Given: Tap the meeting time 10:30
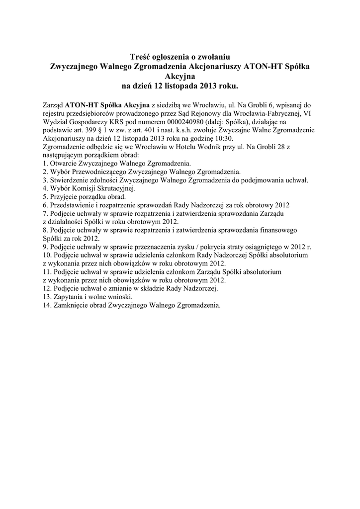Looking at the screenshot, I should pos(223,138).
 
